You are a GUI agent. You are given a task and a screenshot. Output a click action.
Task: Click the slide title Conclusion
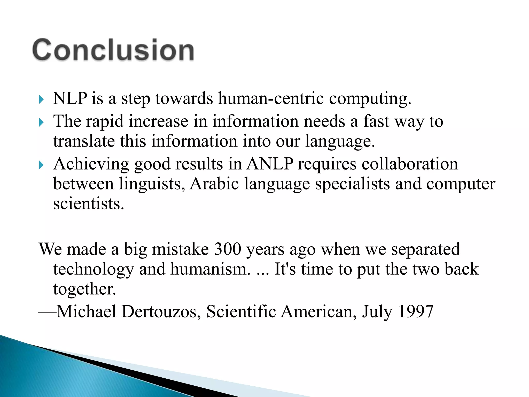pyautogui.click(x=113, y=50)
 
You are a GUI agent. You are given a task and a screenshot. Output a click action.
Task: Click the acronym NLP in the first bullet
pyautogui.click(x=70, y=98)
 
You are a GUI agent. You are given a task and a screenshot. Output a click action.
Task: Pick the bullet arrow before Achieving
pyautogui.click(x=41, y=165)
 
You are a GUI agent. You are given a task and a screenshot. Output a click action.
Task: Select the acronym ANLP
pyautogui.click(x=270, y=164)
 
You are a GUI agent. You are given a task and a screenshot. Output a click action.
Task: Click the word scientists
pyautogui.click(x=89, y=204)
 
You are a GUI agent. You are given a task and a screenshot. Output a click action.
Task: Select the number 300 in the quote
pyautogui.click(x=228, y=249)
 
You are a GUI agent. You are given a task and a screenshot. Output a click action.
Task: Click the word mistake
pyautogui.click(x=180, y=249)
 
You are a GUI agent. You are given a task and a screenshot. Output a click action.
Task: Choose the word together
pyautogui.click(x=84, y=289)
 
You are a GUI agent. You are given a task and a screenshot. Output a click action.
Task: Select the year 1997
pyautogui.click(x=416, y=311)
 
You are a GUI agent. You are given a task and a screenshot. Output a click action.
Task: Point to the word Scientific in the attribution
pyautogui.click(x=241, y=311)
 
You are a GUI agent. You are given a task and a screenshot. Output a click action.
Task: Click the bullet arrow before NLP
pyautogui.click(x=41, y=99)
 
